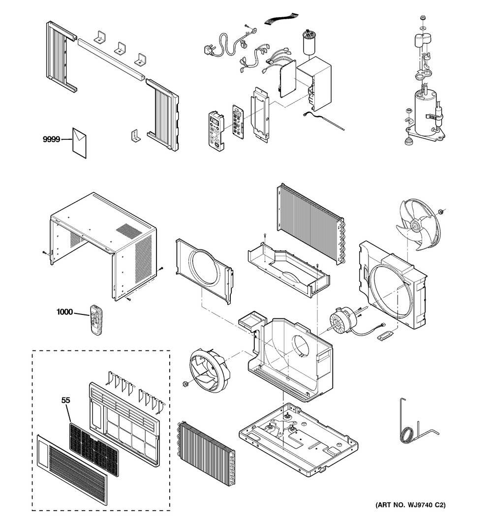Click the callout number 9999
click(x=51, y=140)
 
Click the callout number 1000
click(x=64, y=311)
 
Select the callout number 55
click(x=65, y=400)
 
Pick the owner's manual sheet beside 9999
click(x=80, y=142)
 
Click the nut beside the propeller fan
click(x=443, y=212)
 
